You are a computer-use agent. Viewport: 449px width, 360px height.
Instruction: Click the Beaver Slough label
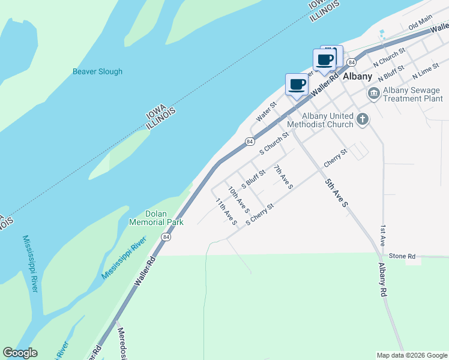(x=97, y=71)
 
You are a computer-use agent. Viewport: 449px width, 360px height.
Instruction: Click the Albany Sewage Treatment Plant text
(x=412, y=95)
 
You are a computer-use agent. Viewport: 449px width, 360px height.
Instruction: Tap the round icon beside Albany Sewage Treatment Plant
(x=373, y=94)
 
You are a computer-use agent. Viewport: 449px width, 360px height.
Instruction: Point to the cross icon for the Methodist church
(x=362, y=119)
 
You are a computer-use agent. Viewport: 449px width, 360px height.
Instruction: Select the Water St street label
(x=266, y=112)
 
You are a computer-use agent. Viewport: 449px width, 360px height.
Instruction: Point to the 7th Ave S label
(x=283, y=177)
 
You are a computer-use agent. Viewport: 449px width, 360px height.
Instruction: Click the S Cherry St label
(x=259, y=214)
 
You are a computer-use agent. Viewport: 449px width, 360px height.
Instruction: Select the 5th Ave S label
(x=337, y=193)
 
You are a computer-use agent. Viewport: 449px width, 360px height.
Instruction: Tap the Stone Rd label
(x=402, y=256)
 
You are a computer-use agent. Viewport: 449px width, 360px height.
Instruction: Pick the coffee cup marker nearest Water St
(x=297, y=85)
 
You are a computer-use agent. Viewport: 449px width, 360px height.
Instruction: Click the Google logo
(x=20, y=353)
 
